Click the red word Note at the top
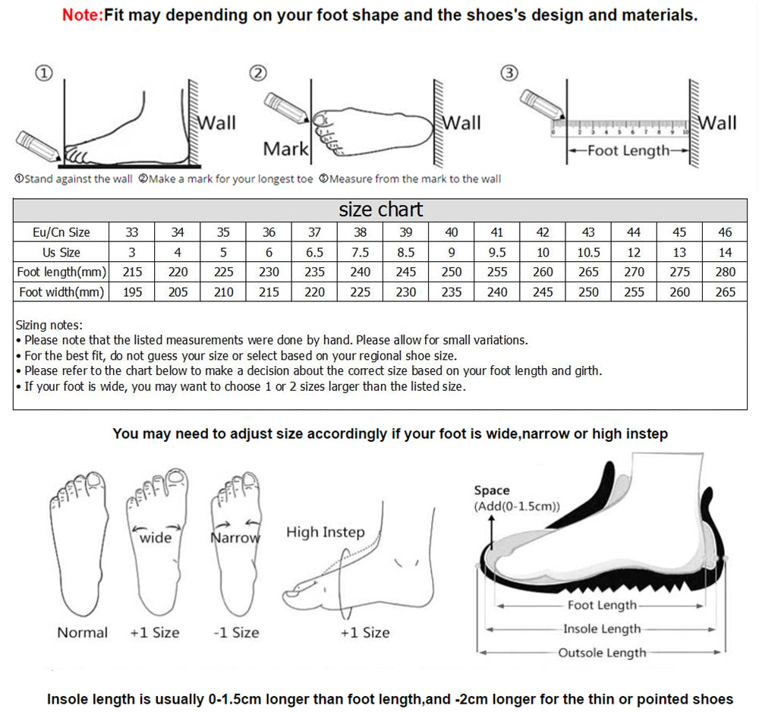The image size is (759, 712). (x=82, y=15)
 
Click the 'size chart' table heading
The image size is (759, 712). (x=380, y=210)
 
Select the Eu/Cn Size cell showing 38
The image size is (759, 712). (x=361, y=232)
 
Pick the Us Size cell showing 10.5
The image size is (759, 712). (x=588, y=252)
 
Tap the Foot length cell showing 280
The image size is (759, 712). (x=725, y=272)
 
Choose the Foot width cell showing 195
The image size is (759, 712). (x=132, y=291)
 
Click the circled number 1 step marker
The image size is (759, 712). (x=44, y=73)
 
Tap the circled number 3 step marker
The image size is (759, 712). (x=510, y=73)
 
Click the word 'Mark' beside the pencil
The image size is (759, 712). (x=285, y=150)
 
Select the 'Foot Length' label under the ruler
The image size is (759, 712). (x=628, y=150)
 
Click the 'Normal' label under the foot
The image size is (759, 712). (x=83, y=632)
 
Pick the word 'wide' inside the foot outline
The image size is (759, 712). (x=156, y=537)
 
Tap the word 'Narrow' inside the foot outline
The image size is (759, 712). (x=235, y=537)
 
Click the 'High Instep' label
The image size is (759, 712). (x=325, y=532)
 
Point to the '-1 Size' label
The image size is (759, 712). (x=235, y=632)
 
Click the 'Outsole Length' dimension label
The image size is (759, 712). (x=602, y=653)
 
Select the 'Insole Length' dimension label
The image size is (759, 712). (x=602, y=629)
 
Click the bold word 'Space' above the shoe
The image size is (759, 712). (x=492, y=490)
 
